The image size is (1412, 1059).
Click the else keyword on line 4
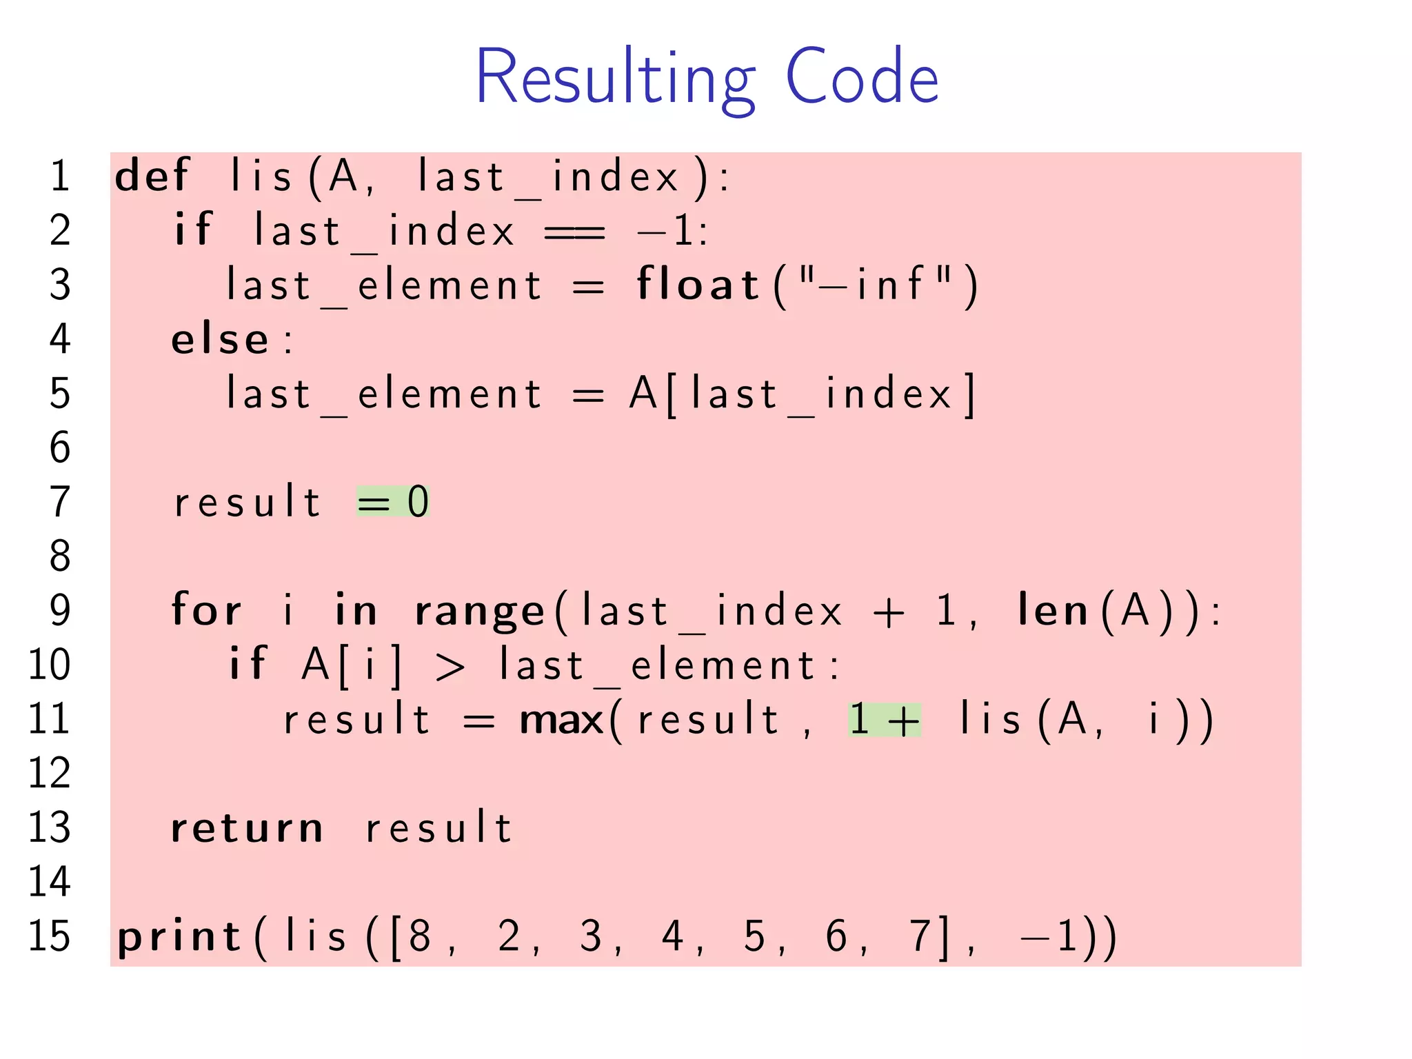tap(220, 339)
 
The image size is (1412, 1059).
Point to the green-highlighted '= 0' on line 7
tap(393, 501)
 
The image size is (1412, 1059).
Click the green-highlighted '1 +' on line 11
tap(885, 719)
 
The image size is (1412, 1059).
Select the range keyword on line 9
tap(480, 612)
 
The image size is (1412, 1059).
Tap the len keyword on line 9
tap(1053, 610)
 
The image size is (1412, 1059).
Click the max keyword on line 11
tap(562, 719)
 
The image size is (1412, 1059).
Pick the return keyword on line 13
tap(247, 827)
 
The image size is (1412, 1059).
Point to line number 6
tap(60, 447)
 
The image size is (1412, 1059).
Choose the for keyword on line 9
tap(206, 610)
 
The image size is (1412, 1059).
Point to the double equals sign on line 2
tap(574, 232)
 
